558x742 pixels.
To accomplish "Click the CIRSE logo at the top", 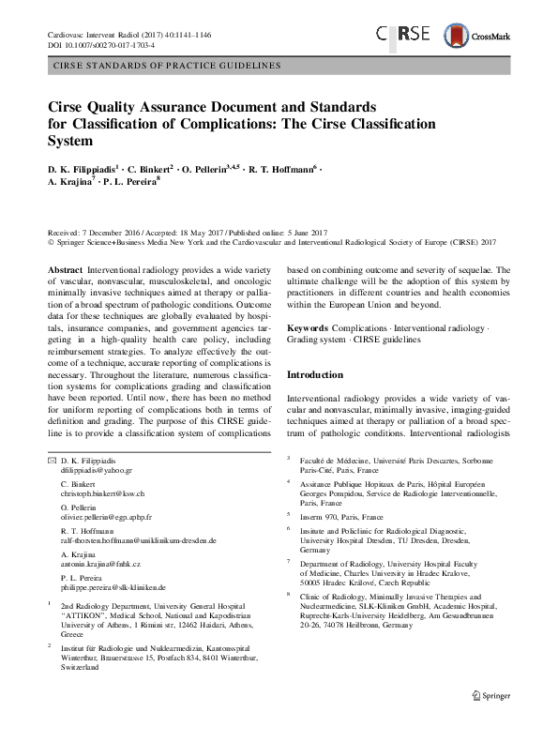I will pyautogui.click(x=404, y=34).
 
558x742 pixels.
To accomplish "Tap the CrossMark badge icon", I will pyautogui.click(x=475, y=35).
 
